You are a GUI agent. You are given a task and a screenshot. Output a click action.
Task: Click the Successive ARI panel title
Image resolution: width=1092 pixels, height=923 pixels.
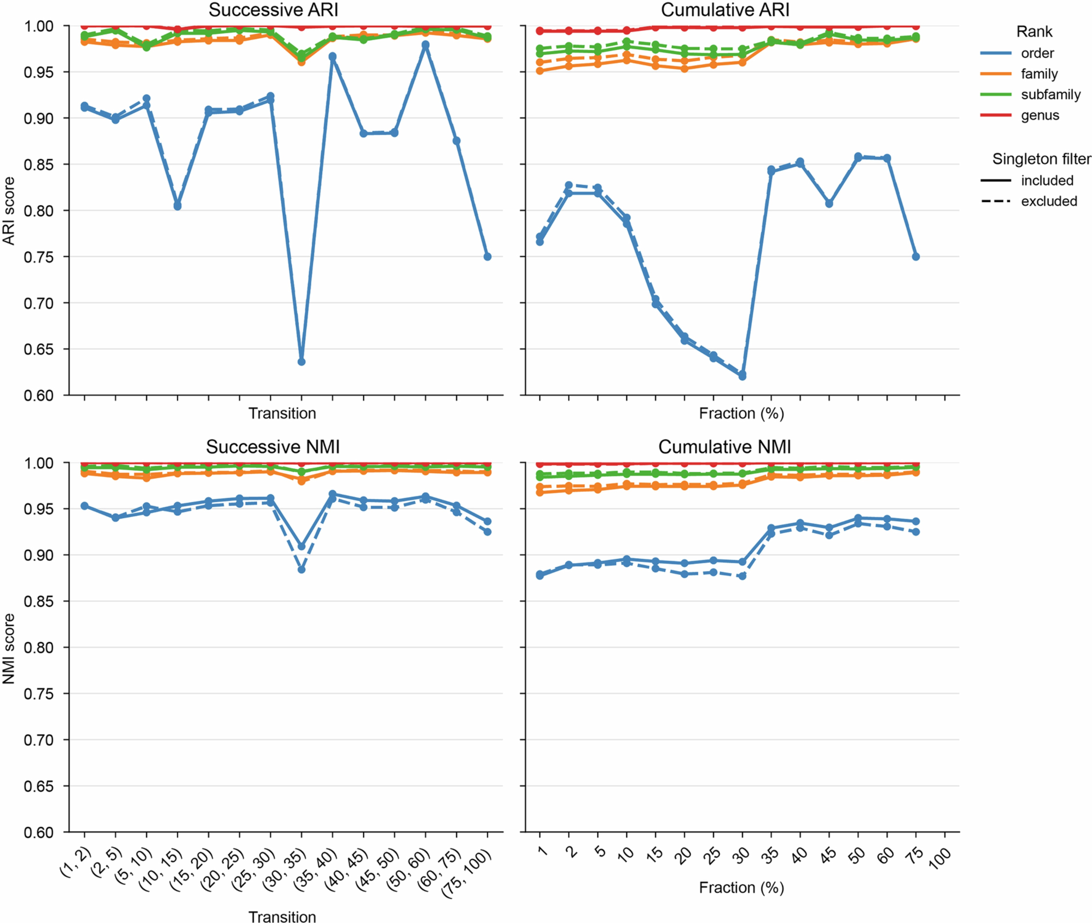[273, 10]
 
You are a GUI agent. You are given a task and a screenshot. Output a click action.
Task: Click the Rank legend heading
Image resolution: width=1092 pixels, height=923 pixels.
[1034, 32]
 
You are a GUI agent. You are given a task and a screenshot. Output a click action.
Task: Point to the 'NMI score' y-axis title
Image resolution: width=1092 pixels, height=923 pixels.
[9, 649]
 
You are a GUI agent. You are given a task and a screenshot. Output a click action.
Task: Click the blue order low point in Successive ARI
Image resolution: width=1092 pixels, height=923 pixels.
[301, 362]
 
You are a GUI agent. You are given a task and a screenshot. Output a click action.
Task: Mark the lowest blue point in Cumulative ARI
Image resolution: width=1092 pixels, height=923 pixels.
[742, 376]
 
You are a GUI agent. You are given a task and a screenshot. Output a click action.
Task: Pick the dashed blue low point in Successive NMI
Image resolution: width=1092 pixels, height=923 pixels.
[301, 569]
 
